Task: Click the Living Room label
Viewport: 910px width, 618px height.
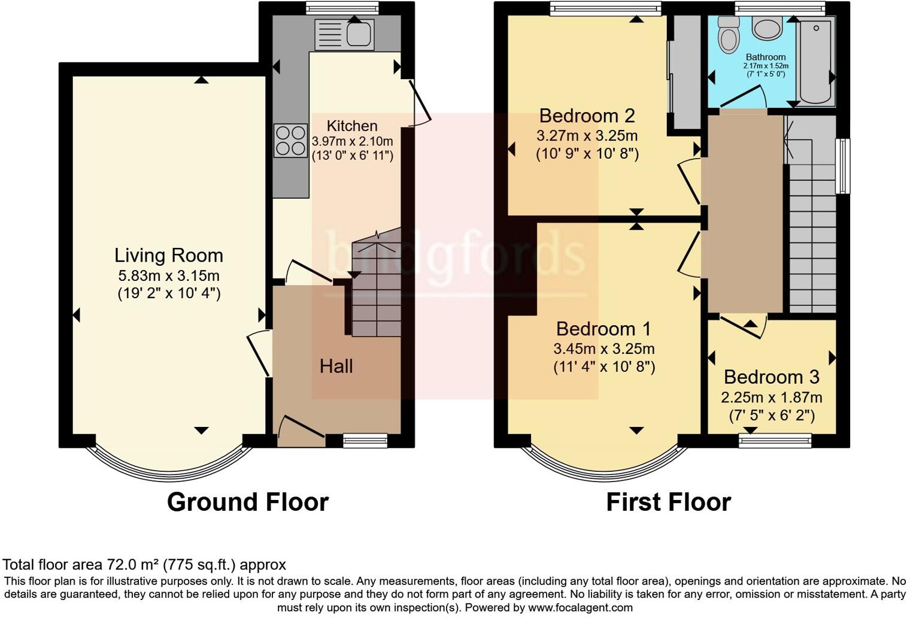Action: [168, 256]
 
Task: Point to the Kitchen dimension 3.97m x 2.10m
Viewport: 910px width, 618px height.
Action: [352, 142]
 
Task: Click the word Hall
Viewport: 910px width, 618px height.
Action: [336, 366]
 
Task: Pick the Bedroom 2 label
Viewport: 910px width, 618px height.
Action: [587, 116]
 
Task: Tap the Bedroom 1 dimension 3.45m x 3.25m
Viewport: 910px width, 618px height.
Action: [603, 349]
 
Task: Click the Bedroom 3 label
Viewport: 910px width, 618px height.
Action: [771, 377]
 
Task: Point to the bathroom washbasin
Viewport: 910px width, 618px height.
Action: [767, 28]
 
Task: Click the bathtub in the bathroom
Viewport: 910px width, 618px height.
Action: [815, 60]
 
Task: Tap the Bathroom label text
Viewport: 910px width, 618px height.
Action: [766, 57]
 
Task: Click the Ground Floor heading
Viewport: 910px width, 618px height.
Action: [247, 502]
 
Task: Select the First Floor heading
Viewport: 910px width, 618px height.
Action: [668, 502]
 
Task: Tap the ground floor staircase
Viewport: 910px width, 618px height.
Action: [375, 287]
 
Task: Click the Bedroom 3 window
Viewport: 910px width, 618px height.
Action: [775, 441]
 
